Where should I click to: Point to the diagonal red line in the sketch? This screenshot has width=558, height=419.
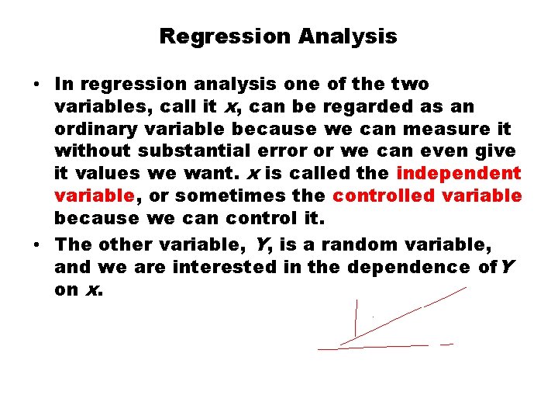(403, 316)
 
